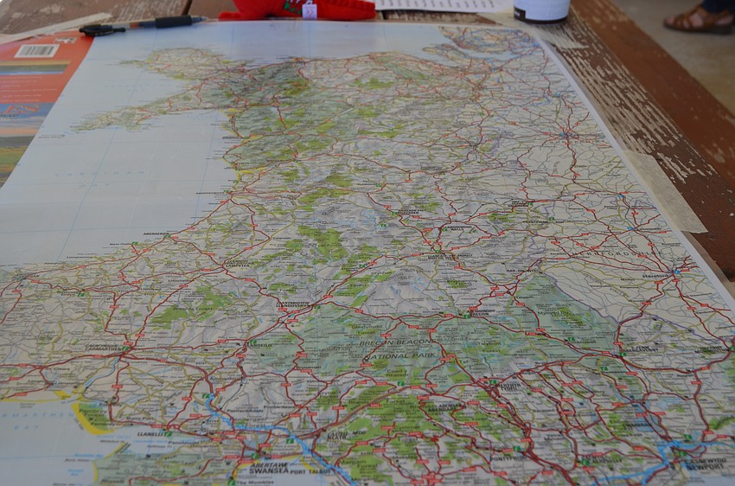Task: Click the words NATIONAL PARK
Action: click(398, 355)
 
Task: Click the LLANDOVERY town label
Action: click(292, 304)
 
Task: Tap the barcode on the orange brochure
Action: click(35, 50)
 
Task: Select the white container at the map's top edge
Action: click(540, 10)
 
